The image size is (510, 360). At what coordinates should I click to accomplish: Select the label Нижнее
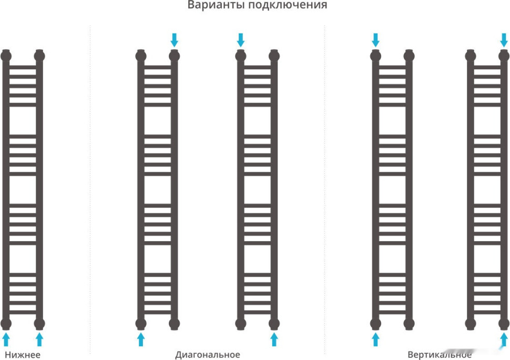pyautogui.click(x=23, y=354)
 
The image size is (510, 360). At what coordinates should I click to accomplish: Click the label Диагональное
pyautogui.click(x=208, y=354)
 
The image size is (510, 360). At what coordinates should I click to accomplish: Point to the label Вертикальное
pyautogui.click(x=440, y=354)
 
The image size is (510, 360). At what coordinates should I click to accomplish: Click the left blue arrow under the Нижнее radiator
pyautogui.click(x=6, y=339)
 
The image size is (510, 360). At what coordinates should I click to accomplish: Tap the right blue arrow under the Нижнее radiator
pyautogui.click(x=39, y=339)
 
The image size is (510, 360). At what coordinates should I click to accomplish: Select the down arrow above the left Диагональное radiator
pyautogui.click(x=175, y=40)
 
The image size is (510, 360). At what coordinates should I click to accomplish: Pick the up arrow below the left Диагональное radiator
pyautogui.click(x=141, y=339)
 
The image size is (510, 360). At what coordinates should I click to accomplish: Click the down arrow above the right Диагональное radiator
pyautogui.click(x=241, y=40)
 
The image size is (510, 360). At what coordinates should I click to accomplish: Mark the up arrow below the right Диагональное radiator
pyautogui.click(x=274, y=339)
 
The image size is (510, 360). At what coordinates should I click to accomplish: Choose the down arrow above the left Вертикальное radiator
pyautogui.click(x=375, y=40)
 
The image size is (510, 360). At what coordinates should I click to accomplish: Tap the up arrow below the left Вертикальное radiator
pyautogui.click(x=375, y=339)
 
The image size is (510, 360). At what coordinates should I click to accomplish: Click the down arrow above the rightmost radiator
pyautogui.click(x=504, y=40)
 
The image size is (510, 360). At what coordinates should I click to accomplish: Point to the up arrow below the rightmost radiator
pyautogui.click(x=504, y=339)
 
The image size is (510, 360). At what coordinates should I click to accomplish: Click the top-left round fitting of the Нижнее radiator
pyautogui.click(x=6, y=56)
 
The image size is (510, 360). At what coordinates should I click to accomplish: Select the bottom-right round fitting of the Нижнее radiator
pyautogui.click(x=39, y=324)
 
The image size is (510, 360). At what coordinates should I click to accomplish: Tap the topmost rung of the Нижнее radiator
pyautogui.click(x=23, y=67)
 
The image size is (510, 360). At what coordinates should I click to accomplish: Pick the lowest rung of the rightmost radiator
pyautogui.click(x=487, y=312)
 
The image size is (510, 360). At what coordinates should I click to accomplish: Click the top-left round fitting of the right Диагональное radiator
pyautogui.click(x=241, y=56)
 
